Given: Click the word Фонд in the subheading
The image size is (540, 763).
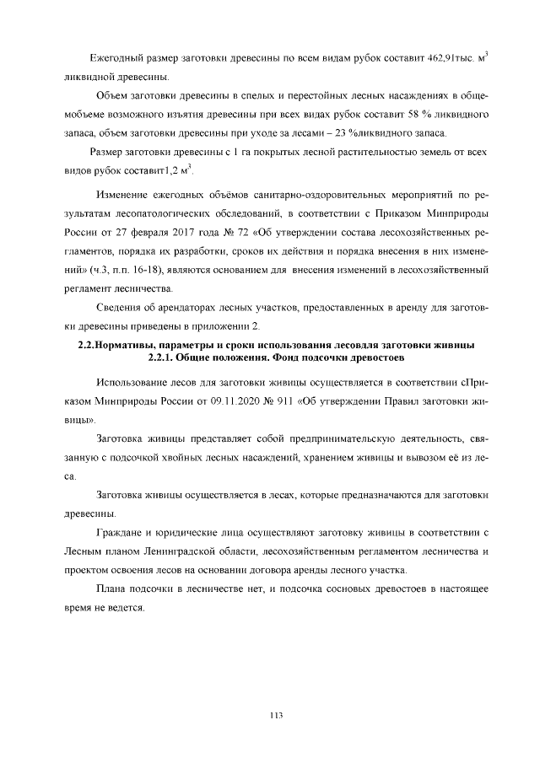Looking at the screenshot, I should tap(298, 357).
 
